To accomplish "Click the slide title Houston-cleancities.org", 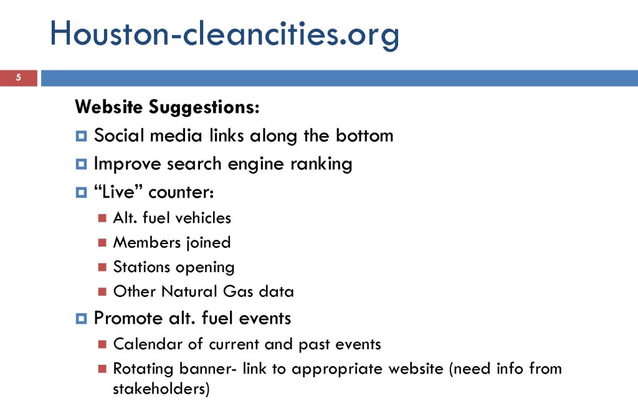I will point(224,34).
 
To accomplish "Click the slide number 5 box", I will point(19,78).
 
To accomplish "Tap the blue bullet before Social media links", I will point(81,135).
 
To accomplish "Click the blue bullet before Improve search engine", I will point(81,164).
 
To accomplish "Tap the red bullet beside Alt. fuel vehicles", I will point(103,219).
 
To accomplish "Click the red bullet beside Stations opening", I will point(103,268).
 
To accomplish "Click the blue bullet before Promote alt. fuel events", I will point(81,319).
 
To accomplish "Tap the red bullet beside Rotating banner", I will point(103,369).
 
